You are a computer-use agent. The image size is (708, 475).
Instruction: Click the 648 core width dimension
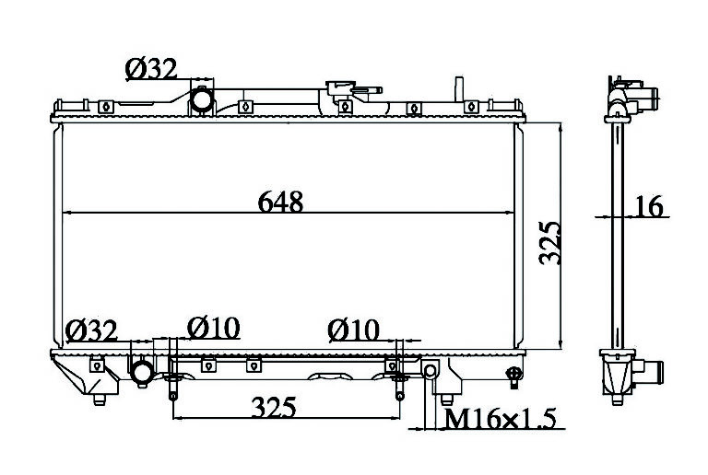click(280, 202)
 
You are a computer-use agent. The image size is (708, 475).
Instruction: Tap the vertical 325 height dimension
click(549, 242)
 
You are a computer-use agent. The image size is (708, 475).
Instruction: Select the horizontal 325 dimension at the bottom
click(274, 407)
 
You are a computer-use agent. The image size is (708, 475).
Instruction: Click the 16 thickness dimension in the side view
click(649, 206)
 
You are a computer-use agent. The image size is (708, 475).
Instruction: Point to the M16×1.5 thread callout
click(500, 419)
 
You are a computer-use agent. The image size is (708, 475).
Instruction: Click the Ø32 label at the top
click(151, 69)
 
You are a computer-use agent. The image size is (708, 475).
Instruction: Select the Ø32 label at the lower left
click(91, 330)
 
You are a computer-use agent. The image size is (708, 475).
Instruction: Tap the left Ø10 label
click(213, 328)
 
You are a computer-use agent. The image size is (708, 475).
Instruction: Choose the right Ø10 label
click(353, 330)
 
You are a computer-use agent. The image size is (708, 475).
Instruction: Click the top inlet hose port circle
click(201, 99)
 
